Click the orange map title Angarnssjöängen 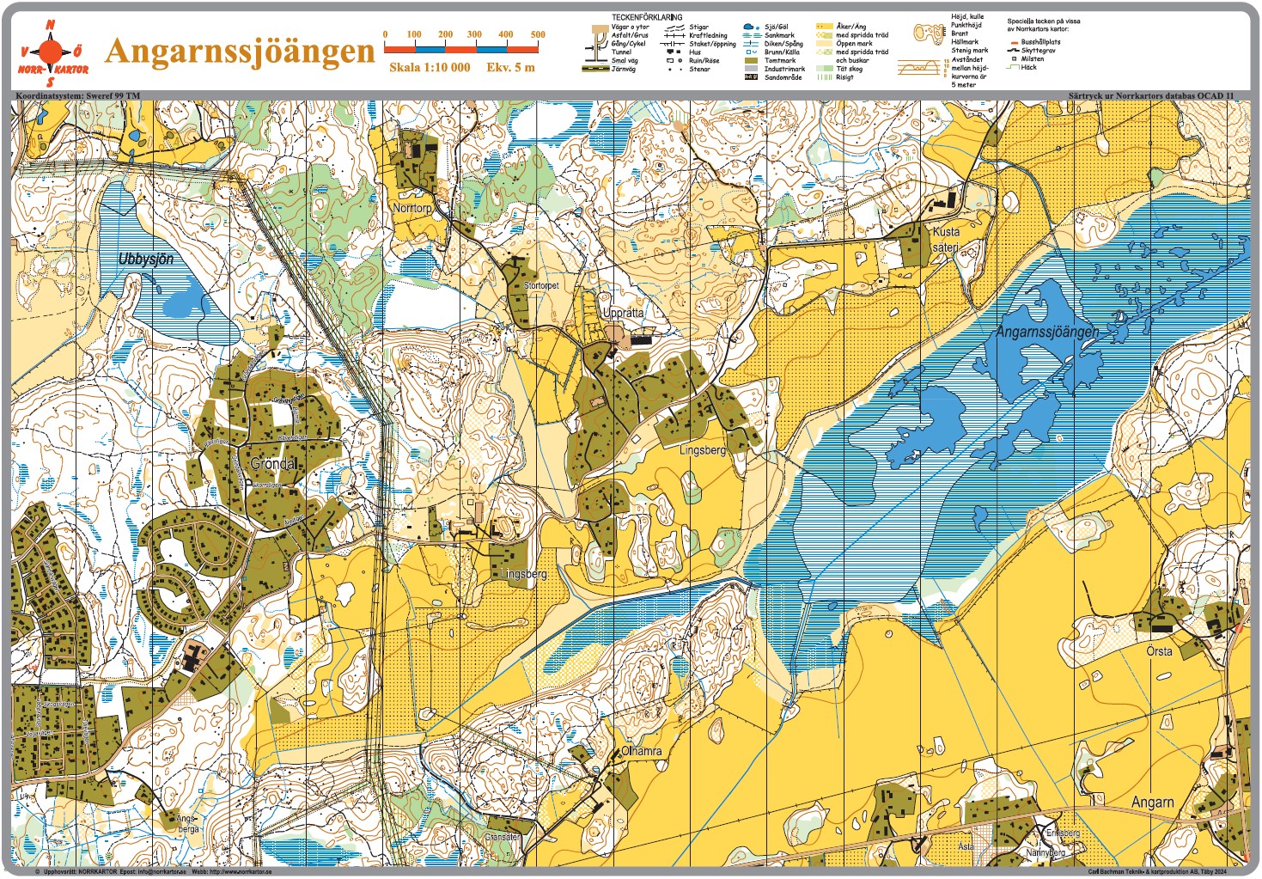tap(240, 51)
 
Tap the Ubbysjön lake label tap(146, 259)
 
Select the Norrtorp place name tap(412, 209)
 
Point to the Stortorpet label tap(541, 285)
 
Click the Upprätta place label tap(623, 313)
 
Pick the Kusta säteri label tap(946, 240)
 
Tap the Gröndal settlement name tap(274, 463)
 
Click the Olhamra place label tap(642, 751)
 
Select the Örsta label tap(1159, 651)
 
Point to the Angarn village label tap(1152, 803)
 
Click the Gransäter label tap(503, 837)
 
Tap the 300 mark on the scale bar tap(474, 35)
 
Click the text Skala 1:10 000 tap(430, 67)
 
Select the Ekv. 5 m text tap(510, 67)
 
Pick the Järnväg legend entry tap(623, 70)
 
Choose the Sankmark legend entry tap(779, 35)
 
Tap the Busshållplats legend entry tap(1040, 42)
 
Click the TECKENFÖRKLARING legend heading tap(647, 17)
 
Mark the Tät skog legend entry tap(850, 69)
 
